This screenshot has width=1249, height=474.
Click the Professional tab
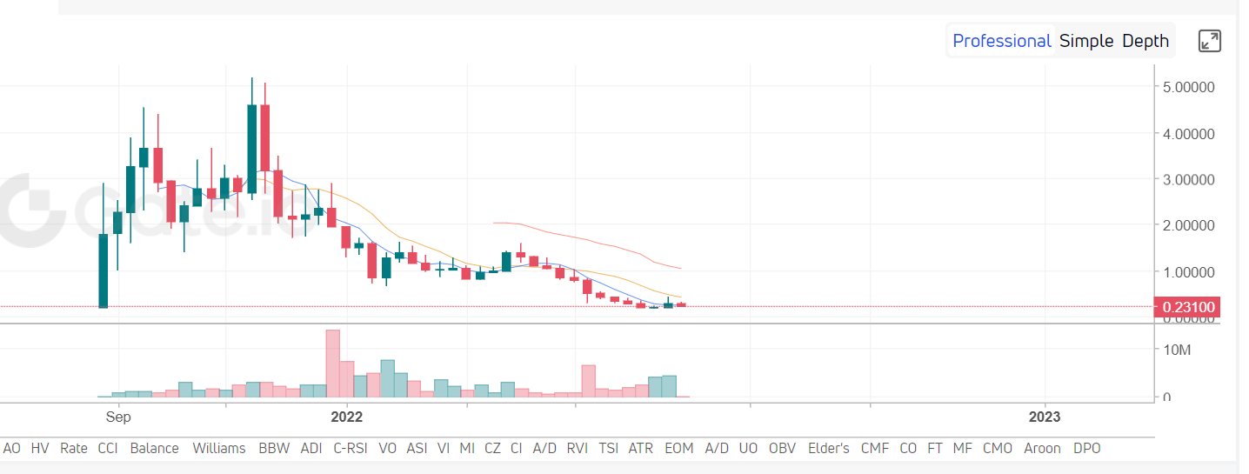[1002, 41]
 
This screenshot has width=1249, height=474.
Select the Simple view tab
[1086, 41]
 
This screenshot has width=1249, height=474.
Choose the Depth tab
[1145, 41]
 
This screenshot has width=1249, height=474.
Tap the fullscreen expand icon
[1210, 41]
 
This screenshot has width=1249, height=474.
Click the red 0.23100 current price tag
[1186, 306]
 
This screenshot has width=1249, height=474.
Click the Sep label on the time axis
[118, 417]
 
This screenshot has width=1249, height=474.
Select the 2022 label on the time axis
[346, 417]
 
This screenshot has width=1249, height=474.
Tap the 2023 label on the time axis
[1045, 417]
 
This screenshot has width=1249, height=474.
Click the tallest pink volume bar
[332, 364]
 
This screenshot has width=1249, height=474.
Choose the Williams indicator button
[219, 448]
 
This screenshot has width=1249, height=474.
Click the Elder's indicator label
[828, 448]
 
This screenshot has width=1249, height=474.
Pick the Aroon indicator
[1041, 448]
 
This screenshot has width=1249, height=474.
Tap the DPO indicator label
[1086, 448]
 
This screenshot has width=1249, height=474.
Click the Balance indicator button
[154, 448]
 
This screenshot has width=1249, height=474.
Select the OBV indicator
[782, 448]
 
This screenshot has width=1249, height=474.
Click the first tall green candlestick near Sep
[104, 270]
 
